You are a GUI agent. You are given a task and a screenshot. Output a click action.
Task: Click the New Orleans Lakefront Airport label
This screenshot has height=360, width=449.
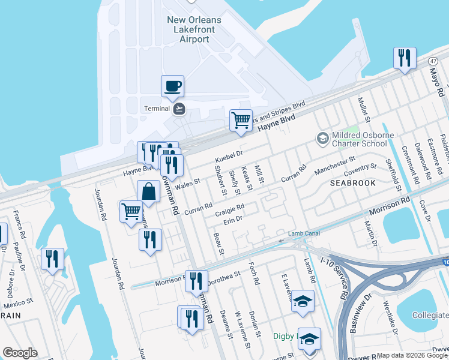pos(193,29)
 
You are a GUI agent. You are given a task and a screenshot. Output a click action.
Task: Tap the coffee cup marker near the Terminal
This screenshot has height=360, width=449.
pos(172,86)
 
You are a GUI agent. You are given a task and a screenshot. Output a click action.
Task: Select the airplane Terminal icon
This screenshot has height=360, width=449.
pos(178,109)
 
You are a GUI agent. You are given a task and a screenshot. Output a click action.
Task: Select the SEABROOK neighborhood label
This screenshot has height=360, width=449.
pos(352,182)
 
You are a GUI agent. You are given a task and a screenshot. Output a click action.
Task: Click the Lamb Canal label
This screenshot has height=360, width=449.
pos(303,233)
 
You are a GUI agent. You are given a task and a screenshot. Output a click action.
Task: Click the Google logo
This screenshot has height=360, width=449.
pos(20,353)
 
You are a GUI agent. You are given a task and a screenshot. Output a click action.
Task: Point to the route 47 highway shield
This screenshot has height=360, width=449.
pos(433,61)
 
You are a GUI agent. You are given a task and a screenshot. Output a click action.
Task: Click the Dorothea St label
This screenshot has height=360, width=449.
pos(223,277)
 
